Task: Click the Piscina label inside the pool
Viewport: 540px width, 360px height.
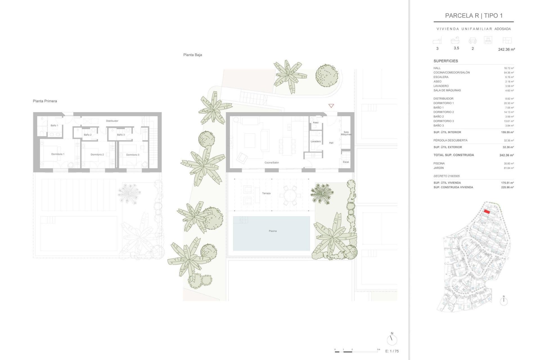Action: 273,231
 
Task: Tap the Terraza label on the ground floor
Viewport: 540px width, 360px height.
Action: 266,193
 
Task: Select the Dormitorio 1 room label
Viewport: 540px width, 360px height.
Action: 58,154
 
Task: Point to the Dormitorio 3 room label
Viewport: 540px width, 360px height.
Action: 132,155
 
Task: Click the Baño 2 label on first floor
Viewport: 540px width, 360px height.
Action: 87,135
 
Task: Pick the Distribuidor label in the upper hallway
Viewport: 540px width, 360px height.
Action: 112,121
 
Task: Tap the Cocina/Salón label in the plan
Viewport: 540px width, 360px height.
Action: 271,163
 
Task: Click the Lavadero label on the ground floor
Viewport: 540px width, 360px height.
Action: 316,141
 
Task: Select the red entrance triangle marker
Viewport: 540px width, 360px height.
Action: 331,106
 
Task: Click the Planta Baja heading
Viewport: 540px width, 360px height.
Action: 192,55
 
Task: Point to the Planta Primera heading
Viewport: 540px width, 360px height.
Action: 45,101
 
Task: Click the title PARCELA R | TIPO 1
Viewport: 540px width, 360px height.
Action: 474,16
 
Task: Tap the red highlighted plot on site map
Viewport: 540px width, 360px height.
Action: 487,212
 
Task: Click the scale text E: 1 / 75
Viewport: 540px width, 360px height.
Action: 392,351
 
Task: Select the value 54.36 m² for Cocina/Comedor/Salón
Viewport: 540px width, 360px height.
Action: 508,73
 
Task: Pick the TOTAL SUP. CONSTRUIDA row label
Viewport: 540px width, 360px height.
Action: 453,155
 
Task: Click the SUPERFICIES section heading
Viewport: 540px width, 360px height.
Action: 445,61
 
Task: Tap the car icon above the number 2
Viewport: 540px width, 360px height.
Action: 472,41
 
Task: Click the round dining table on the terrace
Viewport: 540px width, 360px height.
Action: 290,195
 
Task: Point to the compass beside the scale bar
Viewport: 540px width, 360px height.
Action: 392,339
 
